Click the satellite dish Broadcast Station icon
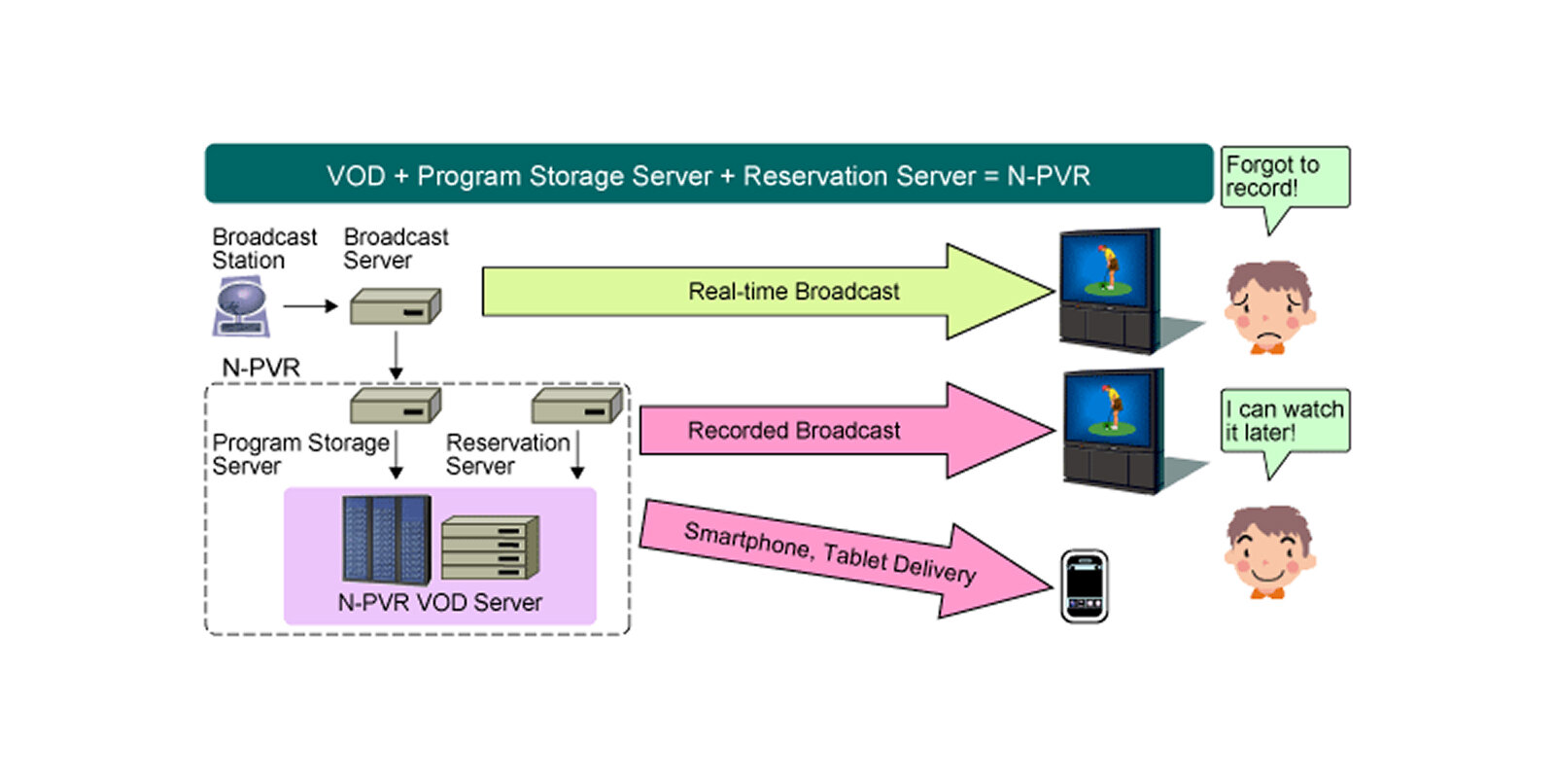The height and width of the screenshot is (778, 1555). [239, 306]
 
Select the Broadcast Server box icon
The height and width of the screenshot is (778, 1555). [395, 306]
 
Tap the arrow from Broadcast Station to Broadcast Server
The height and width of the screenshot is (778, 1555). [310, 306]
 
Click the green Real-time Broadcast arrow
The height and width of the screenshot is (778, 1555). [768, 292]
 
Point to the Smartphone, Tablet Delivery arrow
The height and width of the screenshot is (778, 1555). [836, 554]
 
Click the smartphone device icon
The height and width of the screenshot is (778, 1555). [1084, 586]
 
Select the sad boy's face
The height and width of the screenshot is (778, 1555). [1268, 306]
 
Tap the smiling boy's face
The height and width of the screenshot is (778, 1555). [1268, 551]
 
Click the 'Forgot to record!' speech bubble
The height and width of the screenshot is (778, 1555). [1284, 177]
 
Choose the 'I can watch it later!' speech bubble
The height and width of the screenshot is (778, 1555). [1284, 421]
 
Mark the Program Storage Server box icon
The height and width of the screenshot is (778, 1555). [395, 406]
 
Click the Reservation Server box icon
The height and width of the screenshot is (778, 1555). [576, 406]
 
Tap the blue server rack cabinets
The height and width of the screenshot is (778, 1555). [386, 540]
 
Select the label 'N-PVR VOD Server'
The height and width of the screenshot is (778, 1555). [439, 603]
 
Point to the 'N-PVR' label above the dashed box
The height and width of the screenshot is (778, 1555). [260, 368]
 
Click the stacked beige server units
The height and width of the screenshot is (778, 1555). [490, 548]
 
